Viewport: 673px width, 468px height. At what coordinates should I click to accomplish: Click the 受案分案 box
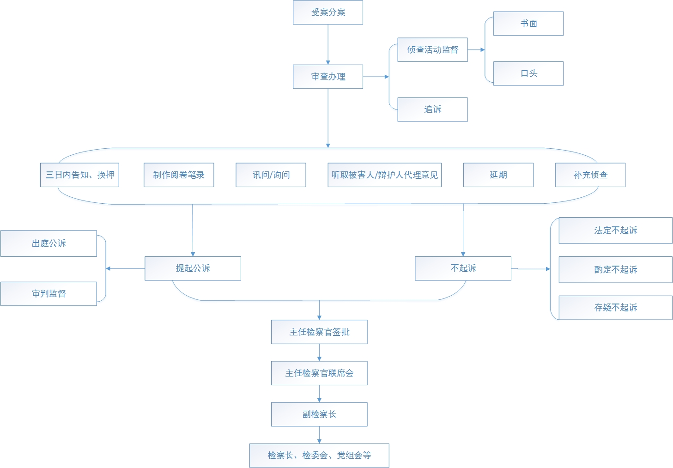(x=328, y=12)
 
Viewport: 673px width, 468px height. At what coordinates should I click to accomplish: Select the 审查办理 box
(x=328, y=77)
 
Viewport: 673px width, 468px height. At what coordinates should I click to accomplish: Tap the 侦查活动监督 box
(x=432, y=49)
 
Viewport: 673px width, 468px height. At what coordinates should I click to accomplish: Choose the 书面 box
(x=528, y=24)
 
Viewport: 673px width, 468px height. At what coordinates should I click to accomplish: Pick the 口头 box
(x=528, y=73)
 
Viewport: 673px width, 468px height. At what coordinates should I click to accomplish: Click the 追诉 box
(x=432, y=109)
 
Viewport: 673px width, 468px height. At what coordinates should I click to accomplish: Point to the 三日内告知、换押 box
(x=79, y=175)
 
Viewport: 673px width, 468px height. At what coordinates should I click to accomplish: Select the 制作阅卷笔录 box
(x=179, y=175)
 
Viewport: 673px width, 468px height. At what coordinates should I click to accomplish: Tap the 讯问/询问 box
(x=271, y=175)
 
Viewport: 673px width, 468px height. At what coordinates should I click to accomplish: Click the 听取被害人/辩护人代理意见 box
(x=385, y=175)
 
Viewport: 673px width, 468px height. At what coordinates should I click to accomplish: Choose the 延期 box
(x=498, y=175)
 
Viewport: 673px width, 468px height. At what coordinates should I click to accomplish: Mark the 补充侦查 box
(x=590, y=175)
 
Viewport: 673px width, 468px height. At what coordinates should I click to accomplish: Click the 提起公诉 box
(x=193, y=268)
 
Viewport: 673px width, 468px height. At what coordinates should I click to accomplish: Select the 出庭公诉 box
(x=49, y=243)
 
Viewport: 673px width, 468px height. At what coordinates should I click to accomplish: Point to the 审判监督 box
(x=49, y=294)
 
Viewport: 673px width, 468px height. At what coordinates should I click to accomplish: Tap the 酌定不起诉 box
(x=615, y=270)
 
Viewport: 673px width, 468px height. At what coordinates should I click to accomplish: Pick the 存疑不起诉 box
(x=615, y=308)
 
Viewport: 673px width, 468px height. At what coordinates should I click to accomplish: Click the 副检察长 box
(x=319, y=414)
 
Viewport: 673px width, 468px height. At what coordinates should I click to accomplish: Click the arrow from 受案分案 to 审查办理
(x=328, y=44)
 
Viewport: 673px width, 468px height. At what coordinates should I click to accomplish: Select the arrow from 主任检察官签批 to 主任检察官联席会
(x=319, y=353)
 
